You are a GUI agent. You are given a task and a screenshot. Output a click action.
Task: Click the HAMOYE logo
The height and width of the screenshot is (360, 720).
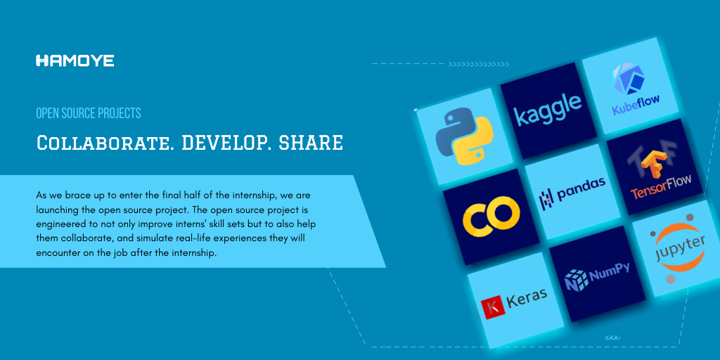(x=75, y=60)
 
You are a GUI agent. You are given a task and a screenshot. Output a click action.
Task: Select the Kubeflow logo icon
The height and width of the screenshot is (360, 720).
(x=628, y=79)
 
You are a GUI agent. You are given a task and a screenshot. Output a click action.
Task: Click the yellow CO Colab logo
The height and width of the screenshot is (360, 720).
(x=491, y=216)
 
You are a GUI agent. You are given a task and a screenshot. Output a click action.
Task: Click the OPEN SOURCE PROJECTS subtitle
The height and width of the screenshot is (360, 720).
(x=89, y=113)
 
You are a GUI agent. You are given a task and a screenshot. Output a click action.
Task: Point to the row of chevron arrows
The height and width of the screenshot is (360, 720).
(x=478, y=64)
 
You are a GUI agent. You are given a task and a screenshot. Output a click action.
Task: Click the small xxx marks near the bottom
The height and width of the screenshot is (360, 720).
(x=612, y=337)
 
